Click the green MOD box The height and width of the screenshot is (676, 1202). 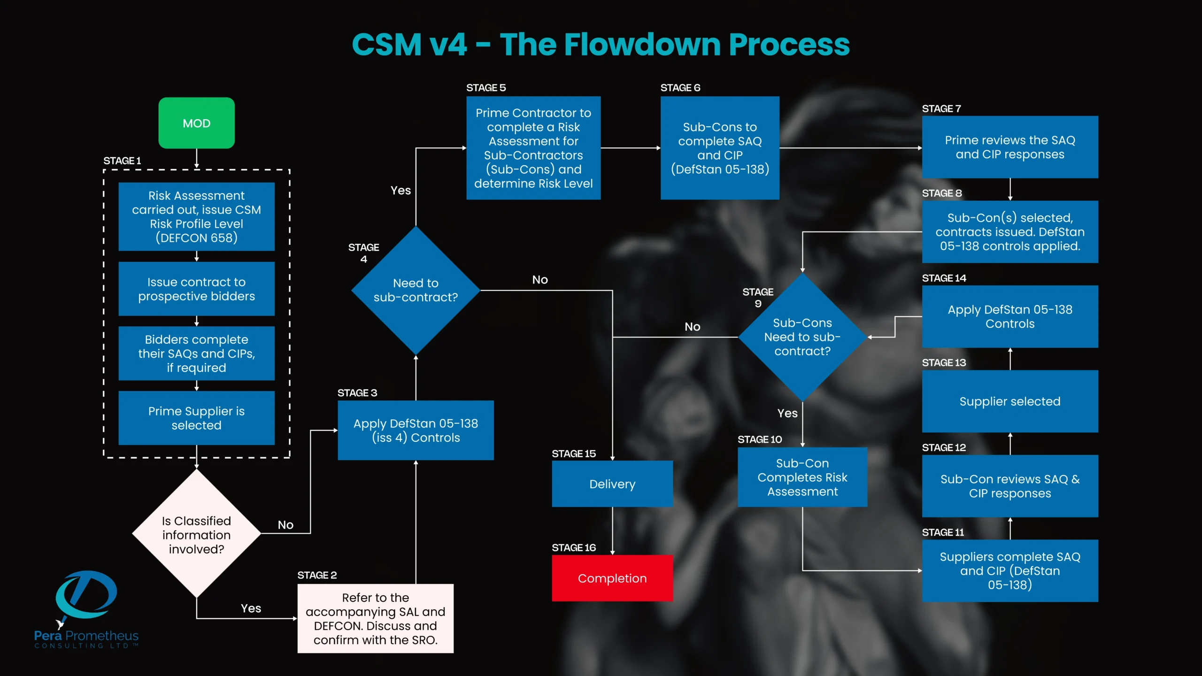pos(196,123)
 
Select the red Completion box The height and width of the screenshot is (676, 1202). pos(612,578)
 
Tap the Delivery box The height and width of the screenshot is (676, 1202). pos(612,484)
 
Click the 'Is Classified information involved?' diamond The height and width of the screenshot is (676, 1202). pos(196,534)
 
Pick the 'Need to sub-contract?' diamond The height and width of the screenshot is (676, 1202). pos(415,290)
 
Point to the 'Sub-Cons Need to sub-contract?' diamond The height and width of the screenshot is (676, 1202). pos(802,337)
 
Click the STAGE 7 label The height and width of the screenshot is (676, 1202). pos(941,108)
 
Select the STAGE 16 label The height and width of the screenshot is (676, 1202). pos(573,547)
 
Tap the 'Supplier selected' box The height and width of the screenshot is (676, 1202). pos(1009,401)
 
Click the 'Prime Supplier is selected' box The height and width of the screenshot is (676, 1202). pos(196,418)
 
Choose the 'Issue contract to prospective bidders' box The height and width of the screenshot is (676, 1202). pos(196,289)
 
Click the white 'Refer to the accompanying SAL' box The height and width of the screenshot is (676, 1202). pos(375,618)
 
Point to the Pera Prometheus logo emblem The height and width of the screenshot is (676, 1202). pos(85,595)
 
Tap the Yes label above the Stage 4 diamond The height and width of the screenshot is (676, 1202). pos(401,190)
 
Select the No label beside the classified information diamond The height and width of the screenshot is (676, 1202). pos(285,525)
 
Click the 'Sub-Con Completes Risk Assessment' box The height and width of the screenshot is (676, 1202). pos(802,477)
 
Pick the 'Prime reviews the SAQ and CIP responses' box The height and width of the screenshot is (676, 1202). pos(1009,147)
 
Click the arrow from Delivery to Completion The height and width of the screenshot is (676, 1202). pos(612,530)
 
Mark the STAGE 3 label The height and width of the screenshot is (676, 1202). pos(357,392)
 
